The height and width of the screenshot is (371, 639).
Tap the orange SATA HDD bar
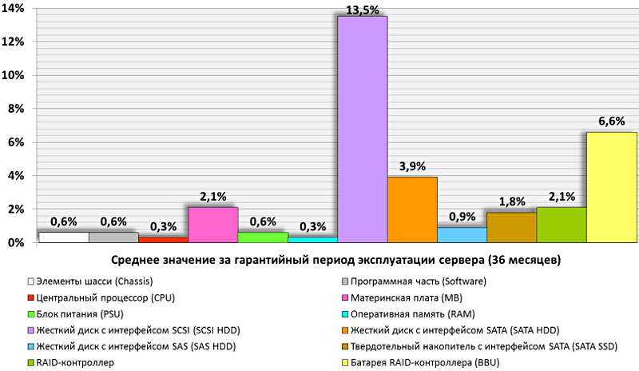(412, 209)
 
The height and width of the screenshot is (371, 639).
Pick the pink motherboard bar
(213, 224)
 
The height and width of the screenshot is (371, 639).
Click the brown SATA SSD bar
(512, 226)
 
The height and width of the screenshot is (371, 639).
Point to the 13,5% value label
(362, 9)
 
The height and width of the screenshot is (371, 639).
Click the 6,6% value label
(611, 121)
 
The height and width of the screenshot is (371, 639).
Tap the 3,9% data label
(412, 166)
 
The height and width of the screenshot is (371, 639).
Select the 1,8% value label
(512, 201)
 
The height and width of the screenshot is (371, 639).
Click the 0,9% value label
(462, 216)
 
